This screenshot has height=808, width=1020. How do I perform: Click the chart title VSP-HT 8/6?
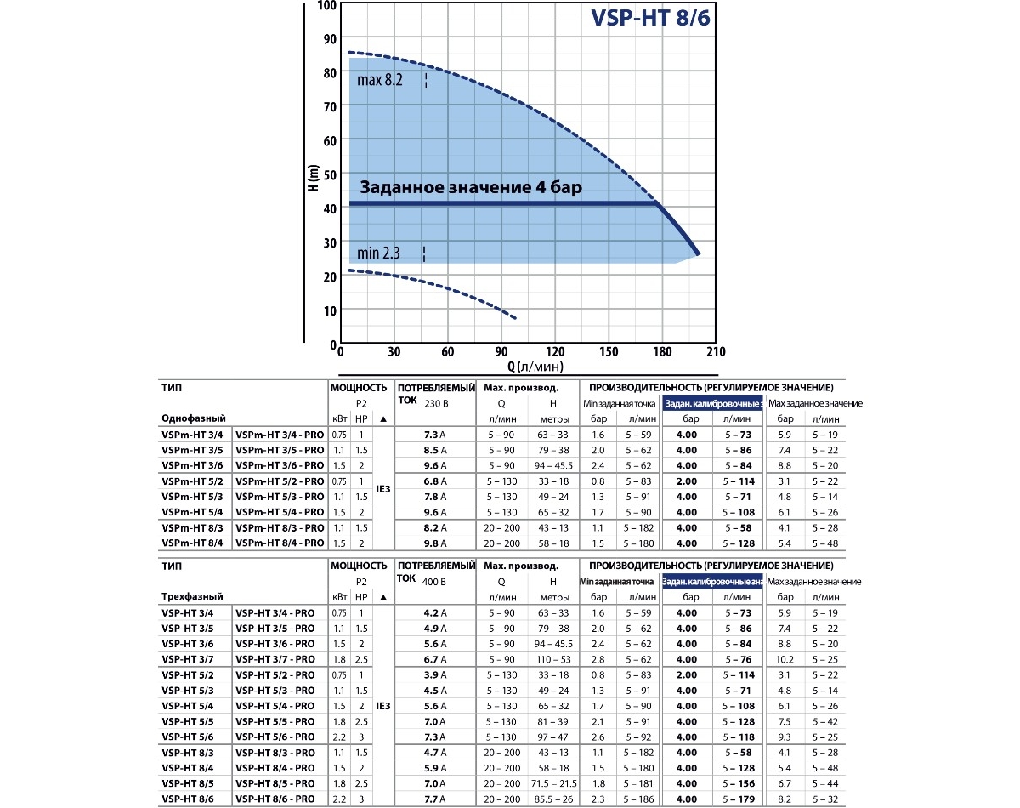pos(649,19)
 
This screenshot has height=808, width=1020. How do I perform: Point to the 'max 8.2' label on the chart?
pos(379,81)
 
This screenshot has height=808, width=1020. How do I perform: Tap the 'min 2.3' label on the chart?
pos(378,253)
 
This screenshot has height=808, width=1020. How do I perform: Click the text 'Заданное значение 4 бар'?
pos(470,188)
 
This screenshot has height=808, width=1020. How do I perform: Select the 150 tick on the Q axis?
pos(609,353)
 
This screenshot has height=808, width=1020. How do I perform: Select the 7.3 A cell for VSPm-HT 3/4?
pos(434,435)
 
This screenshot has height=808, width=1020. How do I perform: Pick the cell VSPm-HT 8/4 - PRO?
pos(280,543)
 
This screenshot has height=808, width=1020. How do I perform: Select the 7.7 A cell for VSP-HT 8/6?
pos(434,799)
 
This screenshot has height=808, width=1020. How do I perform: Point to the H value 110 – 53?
pos(552,659)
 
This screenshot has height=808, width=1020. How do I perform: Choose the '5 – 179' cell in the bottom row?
pos(736,799)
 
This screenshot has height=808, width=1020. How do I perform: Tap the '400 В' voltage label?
pos(434,582)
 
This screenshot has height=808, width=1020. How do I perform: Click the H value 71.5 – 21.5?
pos(552,783)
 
